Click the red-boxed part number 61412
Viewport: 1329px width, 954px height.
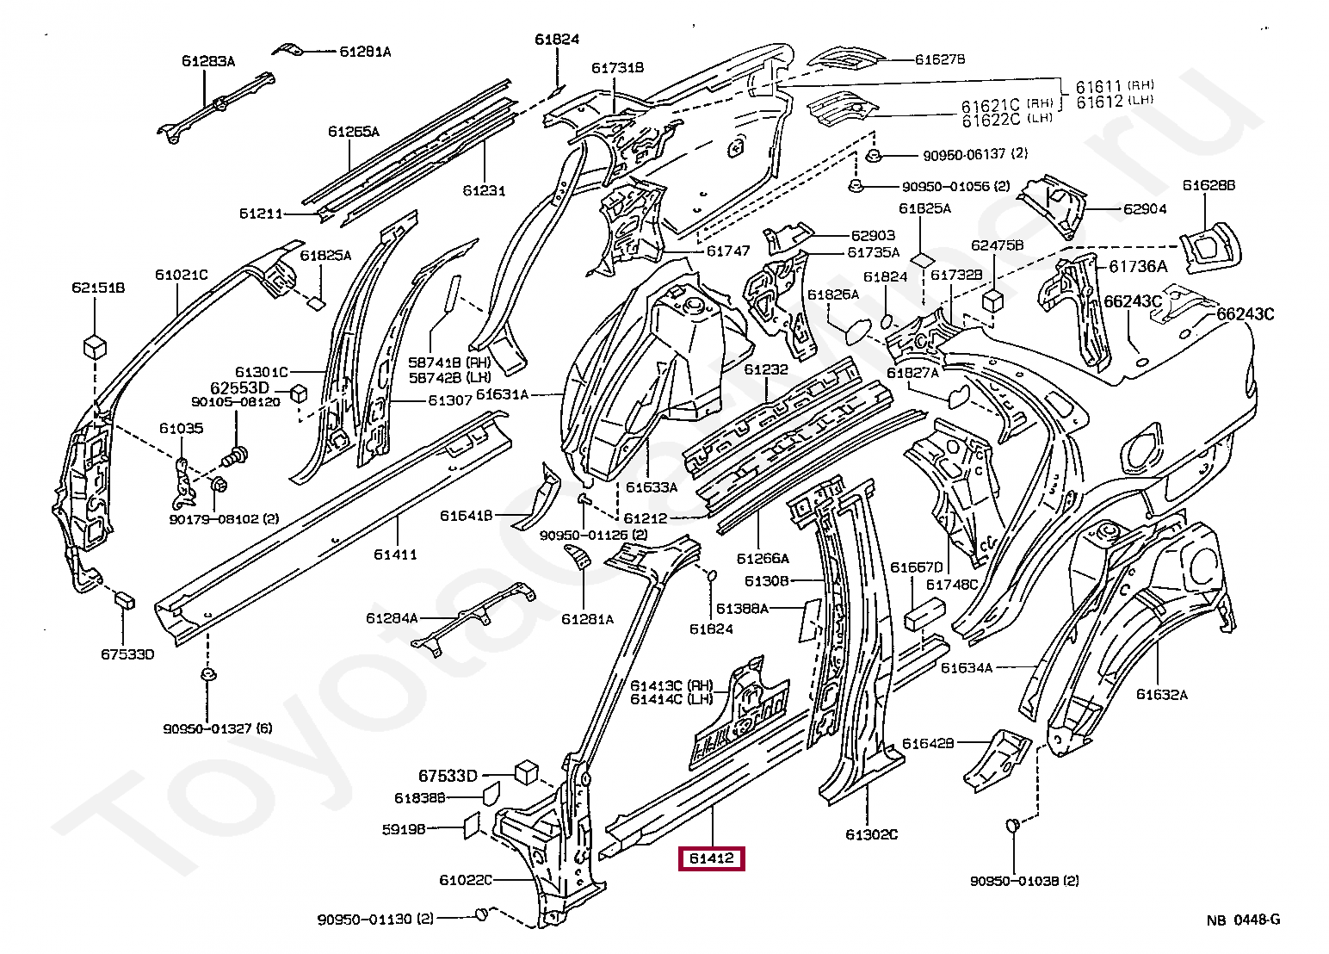point(711,858)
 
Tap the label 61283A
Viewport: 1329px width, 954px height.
point(208,61)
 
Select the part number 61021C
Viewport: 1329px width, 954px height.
point(182,275)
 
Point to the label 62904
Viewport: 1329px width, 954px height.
point(1145,209)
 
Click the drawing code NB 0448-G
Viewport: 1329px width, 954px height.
point(1243,920)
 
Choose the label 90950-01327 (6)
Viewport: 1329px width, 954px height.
point(217,728)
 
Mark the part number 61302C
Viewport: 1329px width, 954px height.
point(872,834)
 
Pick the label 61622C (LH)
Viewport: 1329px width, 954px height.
point(998,120)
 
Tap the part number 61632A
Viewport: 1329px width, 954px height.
point(1162,695)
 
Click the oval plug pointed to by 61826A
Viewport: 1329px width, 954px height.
point(857,331)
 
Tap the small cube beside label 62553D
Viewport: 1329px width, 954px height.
point(299,393)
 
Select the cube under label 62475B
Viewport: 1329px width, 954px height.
point(992,300)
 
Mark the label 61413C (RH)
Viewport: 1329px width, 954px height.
point(671,685)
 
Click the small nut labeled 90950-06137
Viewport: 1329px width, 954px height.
point(874,156)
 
